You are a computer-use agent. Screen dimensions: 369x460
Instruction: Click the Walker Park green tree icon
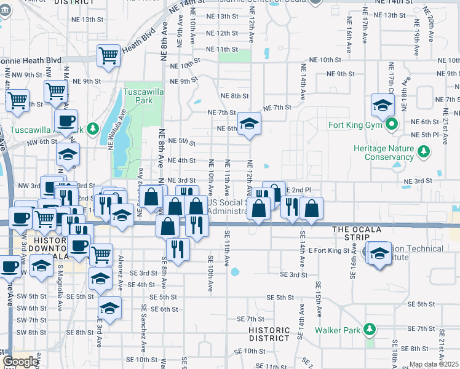click(x=369, y=330)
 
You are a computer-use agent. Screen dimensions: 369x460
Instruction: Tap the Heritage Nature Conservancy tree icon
click(x=423, y=151)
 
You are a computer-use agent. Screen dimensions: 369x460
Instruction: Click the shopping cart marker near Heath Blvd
click(x=108, y=56)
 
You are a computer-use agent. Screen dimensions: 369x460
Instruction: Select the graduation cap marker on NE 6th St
click(x=250, y=125)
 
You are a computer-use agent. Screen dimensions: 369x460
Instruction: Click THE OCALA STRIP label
click(x=357, y=229)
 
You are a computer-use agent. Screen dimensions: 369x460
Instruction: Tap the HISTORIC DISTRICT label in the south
click(x=269, y=334)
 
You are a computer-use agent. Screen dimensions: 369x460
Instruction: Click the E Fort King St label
click(x=328, y=250)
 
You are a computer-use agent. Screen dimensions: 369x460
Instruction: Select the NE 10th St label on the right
click(x=325, y=60)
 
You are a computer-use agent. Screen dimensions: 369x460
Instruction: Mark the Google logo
click(x=20, y=362)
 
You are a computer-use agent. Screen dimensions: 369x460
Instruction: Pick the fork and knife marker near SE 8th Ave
click(x=178, y=248)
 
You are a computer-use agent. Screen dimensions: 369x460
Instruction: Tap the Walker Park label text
click(x=337, y=330)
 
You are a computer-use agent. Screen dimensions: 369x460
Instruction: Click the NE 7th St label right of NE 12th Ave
click(x=277, y=108)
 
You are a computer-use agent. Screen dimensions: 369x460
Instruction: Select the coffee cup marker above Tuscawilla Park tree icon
click(x=66, y=120)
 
